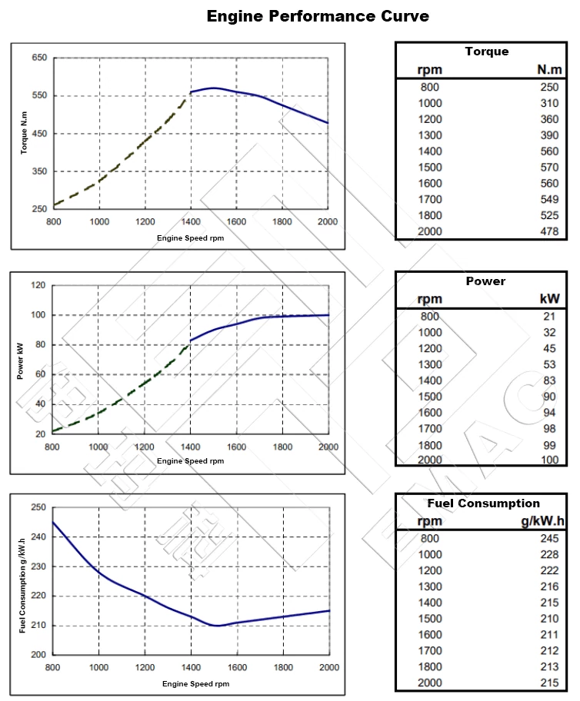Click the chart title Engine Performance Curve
tap(318, 15)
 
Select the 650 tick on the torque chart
tap(39, 58)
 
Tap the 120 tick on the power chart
tap(38, 285)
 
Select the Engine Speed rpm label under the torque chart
tap(190, 238)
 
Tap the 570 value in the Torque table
tap(549, 168)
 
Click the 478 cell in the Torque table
tap(549, 232)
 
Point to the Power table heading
tap(485, 281)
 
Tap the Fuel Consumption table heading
tap(483, 503)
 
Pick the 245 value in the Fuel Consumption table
tap(549, 538)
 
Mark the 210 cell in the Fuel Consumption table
tap(549, 619)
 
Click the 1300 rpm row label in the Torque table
tap(430, 135)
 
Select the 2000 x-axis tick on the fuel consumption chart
tap(328, 667)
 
